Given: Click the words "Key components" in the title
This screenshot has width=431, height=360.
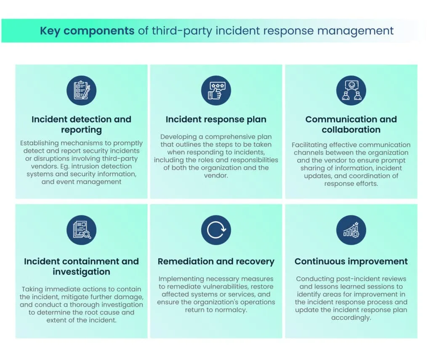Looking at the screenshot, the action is pyautogui.click(x=87, y=31).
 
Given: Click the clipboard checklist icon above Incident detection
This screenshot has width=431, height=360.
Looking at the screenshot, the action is pyautogui.click(x=82, y=90).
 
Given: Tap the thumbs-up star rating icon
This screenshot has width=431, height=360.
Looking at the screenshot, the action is pyautogui.click(x=216, y=90).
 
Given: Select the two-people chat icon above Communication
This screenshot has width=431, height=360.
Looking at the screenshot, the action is pyautogui.click(x=351, y=90).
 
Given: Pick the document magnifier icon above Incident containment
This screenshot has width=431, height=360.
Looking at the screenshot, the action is pyautogui.click(x=82, y=230).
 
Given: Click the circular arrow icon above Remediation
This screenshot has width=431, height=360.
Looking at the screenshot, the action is pyautogui.click(x=216, y=230).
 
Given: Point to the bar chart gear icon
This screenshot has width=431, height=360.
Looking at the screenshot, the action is pyautogui.click(x=351, y=230).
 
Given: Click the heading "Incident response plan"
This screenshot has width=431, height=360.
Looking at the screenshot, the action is pyautogui.click(x=216, y=119).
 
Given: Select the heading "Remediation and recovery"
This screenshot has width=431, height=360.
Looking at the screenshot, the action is pyautogui.click(x=216, y=262).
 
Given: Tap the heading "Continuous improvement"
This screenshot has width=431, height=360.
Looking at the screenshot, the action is pyautogui.click(x=351, y=262).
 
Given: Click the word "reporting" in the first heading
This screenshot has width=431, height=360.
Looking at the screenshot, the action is pyautogui.click(x=82, y=130).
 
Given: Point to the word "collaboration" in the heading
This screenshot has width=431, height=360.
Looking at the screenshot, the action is pyautogui.click(x=351, y=130).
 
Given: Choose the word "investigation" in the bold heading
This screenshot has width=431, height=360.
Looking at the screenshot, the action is pyautogui.click(x=82, y=272).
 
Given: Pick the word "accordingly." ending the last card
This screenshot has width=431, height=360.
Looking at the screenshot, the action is pyautogui.click(x=351, y=318).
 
